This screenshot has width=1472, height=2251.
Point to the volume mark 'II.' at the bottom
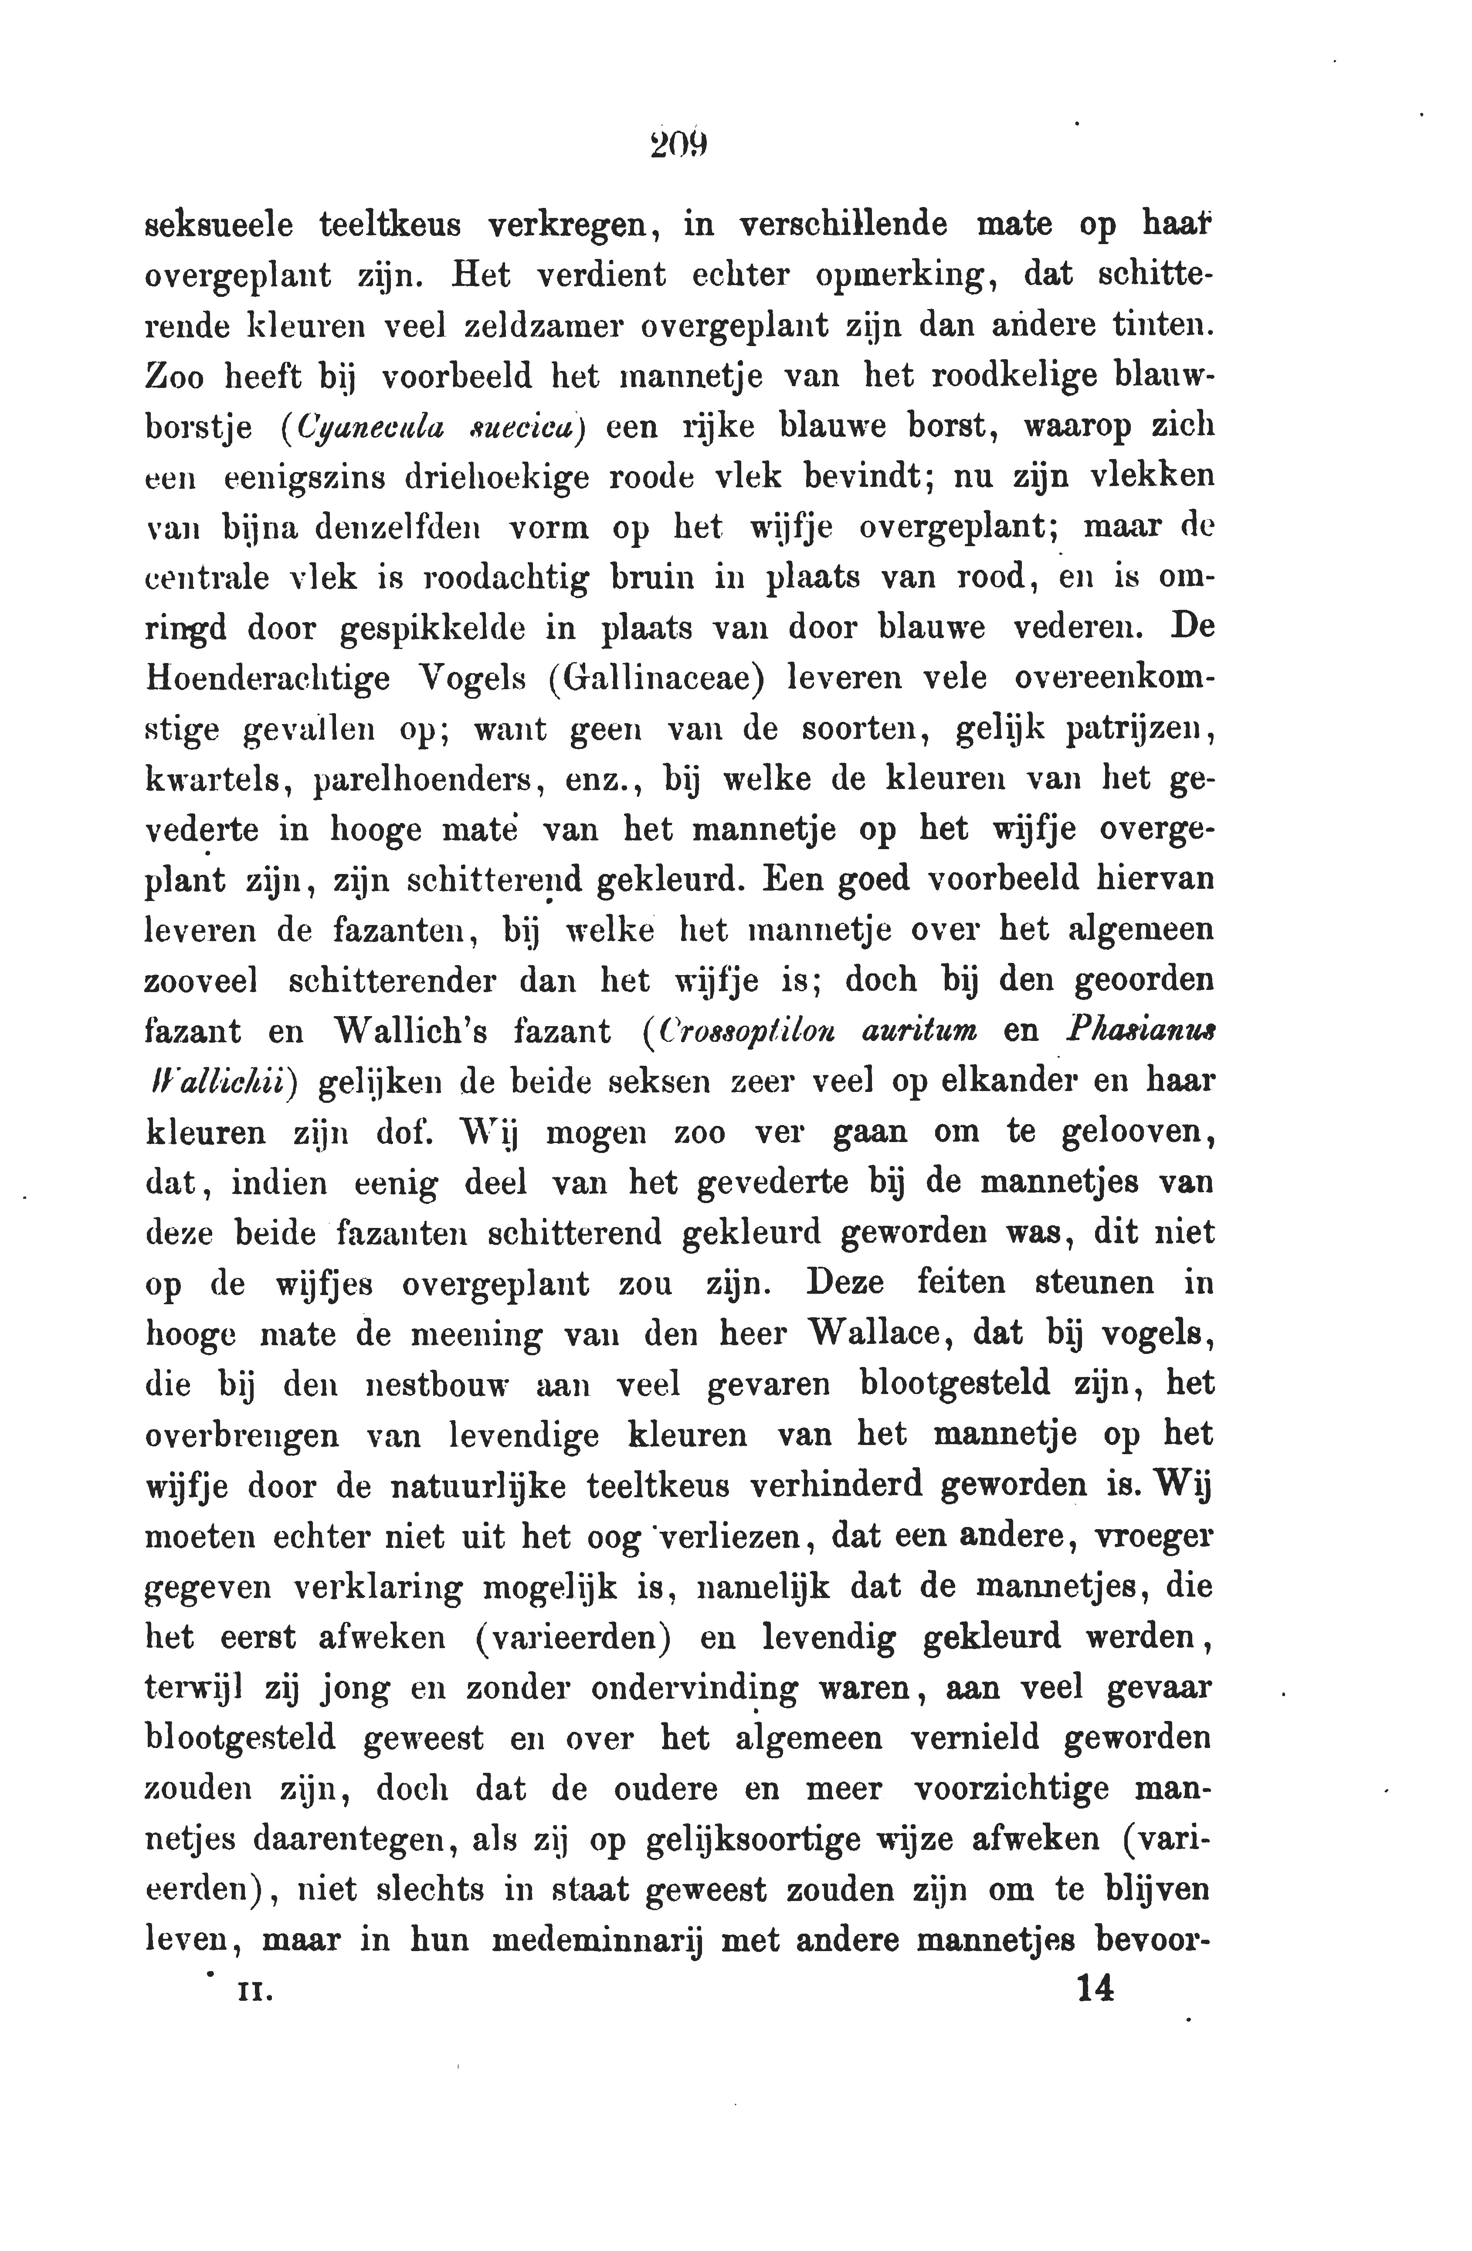point(255,1992)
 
